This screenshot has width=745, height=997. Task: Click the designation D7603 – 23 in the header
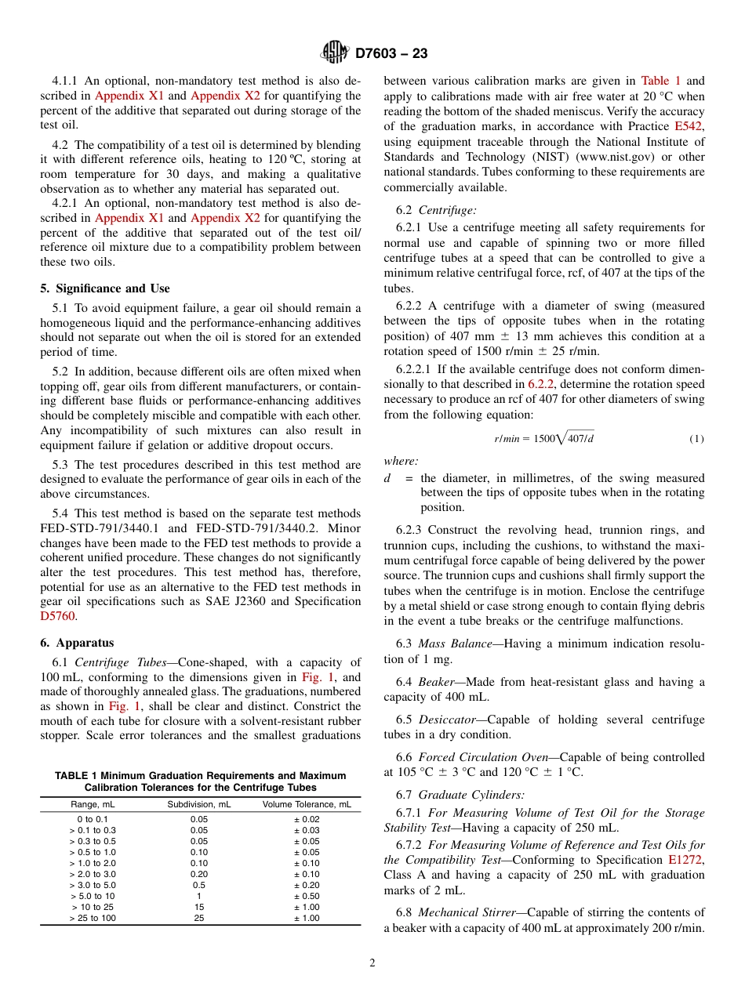click(391, 54)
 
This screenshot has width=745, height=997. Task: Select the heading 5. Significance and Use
click(105, 288)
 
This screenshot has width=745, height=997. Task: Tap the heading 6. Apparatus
click(77, 643)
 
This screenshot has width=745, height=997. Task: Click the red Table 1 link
click(661, 81)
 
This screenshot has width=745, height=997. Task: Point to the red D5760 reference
click(57, 616)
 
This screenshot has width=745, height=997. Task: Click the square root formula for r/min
click(543, 438)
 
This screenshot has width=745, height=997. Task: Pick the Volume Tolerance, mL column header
click(307, 804)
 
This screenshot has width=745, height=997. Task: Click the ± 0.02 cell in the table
click(307, 819)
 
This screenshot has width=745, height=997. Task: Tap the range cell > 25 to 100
click(93, 918)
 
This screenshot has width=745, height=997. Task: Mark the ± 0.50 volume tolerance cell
click(307, 896)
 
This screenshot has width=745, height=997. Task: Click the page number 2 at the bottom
click(372, 963)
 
